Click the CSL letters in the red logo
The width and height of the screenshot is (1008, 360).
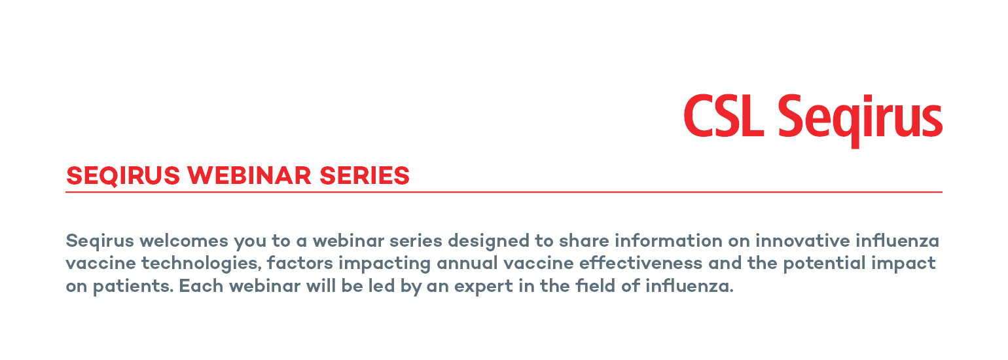(x=724, y=115)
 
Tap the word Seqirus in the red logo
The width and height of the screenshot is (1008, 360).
(x=860, y=120)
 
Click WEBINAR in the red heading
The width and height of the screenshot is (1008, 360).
(x=249, y=175)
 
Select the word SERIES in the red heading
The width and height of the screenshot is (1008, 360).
(x=365, y=175)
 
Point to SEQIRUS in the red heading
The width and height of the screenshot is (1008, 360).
(x=123, y=175)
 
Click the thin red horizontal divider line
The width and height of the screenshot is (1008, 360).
(x=504, y=192)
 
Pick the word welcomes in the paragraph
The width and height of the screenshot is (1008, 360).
(x=183, y=241)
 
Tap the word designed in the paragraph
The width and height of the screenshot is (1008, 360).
(x=488, y=242)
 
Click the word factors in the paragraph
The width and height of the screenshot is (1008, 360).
(x=300, y=263)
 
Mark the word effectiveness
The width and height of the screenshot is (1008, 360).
(x=641, y=263)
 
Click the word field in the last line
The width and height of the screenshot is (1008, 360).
(x=596, y=286)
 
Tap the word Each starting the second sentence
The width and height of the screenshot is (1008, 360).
(x=201, y=286)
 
